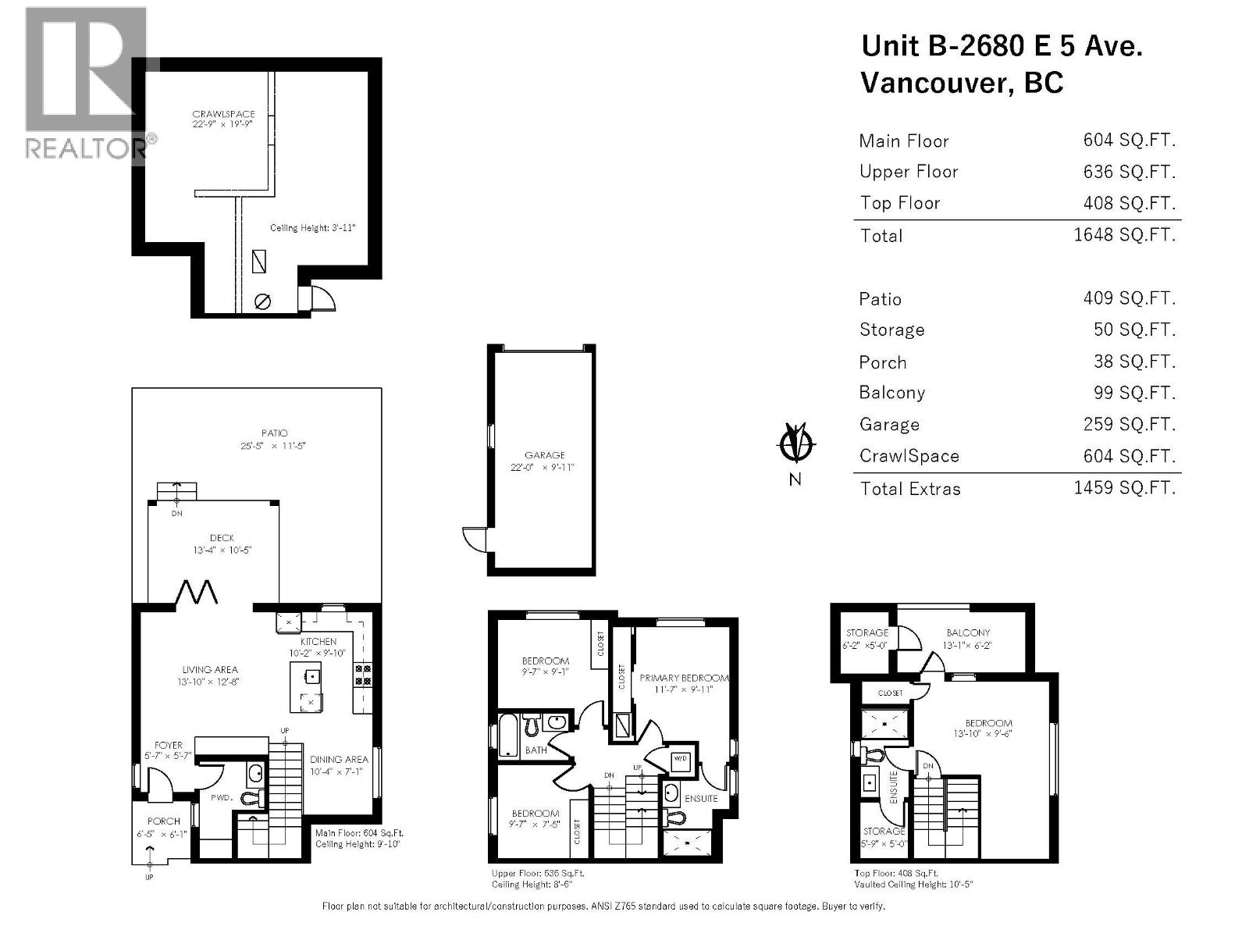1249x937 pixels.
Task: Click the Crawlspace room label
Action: pyautogui.click(x=223, y=114)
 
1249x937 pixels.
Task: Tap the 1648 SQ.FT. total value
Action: pyautogui.click(x=1124, y=234)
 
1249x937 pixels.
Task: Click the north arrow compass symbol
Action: pyautogui.click(x=795, y=445)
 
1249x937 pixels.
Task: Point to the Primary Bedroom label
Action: pyautogui.click(x=684, y=678)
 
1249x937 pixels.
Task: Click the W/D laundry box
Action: pyautogui.click(x=680, y=759)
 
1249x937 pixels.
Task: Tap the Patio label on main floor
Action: pyautogui.click(x=274, y=433)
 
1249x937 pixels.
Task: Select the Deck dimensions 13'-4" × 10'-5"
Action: pyautogui.click(x=222, y=550)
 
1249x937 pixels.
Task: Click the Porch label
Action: pyautogui.click(x=163, y=821)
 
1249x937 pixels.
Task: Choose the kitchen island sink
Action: pyautogui.click(x=311, y=675)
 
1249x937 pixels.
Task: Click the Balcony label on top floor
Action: pyautogui.click(x=968, y=632)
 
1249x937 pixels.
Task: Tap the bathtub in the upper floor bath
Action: pyautogui.click(x=508, y=735)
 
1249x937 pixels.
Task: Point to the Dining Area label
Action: pyautogui.click(x=338, y=759)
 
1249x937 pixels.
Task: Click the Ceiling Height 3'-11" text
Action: pyautogui.click(x=312, y=228)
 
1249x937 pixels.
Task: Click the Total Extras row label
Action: pyautogui.click(x=910, y=489)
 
